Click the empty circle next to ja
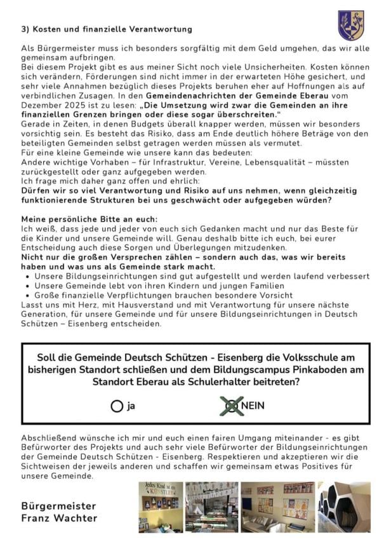pos(116,406)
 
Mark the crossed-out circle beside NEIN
pos(232,406)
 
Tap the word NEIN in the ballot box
pos(252,406)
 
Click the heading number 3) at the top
pos(25,29)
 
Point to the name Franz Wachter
pos(60,518)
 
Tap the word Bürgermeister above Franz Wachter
pos(58,506)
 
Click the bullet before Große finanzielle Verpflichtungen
pos(29,295)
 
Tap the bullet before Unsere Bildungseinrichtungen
pos(29,277)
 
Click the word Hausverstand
pos(123,305)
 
